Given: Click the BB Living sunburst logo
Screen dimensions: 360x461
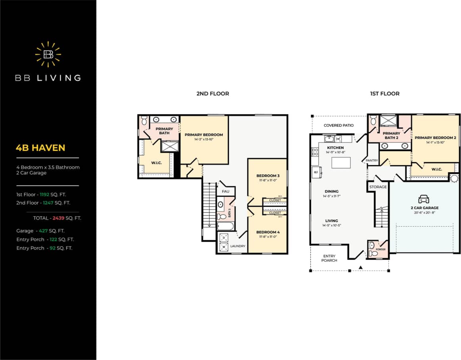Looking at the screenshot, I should pyautogui.click(x=48, y=54).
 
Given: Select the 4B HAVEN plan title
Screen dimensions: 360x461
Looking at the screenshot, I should pyautogui.click(x=40, y=148).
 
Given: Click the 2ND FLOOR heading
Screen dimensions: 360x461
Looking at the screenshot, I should pyautogui.click(x=213, y=94).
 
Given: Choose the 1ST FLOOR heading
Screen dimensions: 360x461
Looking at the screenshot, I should pyautogui.click(x=384, y=94).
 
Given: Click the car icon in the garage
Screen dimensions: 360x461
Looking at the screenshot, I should pyautogui.click(x=424, y=199).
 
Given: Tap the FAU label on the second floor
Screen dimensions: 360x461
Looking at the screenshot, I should pyautogui.click(x=225, y=191).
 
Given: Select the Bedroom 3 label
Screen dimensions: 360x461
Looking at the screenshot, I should pyautogui.click(x=268, y=176).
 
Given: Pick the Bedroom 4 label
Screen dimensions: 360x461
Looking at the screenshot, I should pyautogui.click(x=268, y=232).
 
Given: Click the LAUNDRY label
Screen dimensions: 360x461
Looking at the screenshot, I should pyautogui.click(x=238, y=246).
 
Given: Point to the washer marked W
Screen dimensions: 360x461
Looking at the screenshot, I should pyautogui.click(x=223, y=247).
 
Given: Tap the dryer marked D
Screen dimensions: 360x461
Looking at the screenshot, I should pyautogui.click(x=223, y=238).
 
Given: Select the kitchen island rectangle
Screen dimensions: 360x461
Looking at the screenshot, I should pyautogui.click(x=341, y=163).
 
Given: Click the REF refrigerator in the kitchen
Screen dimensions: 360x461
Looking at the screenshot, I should pyautogui.click(x=317, y=172).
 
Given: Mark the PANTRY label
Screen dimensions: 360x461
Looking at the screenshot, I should pyautogui.click(x=372, y=161).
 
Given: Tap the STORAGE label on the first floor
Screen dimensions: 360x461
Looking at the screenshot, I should pyautogui.click(x=378, y=187).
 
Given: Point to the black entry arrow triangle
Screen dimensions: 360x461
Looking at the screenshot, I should pyautogui.click(x=361, y=268).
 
